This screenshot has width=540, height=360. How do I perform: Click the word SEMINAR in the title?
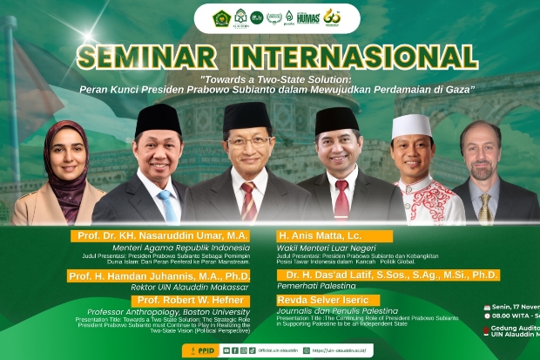click(x=151, y=58)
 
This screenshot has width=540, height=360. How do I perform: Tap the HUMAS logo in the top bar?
click(x=308, y=17)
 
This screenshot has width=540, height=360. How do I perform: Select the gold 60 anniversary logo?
click(x=332, y=17)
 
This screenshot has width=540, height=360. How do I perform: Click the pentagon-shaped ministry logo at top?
click(x=221, y=17)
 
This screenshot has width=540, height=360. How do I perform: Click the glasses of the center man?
click(x=247, y=140)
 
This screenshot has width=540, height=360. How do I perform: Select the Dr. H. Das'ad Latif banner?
click(x=388, y=275)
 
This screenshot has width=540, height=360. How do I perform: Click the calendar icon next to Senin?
click(x=487, y=308)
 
